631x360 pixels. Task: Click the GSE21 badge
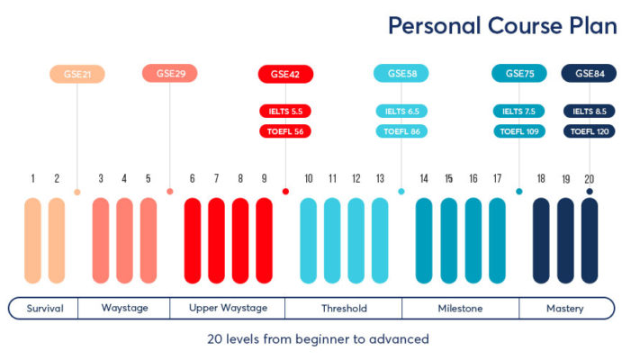[77, 74]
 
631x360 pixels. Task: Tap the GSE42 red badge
[284, 74]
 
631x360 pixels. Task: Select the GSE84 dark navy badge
[589, 74]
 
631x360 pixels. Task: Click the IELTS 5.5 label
[284, 111]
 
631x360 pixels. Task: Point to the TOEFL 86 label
[401, 131]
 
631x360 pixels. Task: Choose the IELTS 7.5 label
[519, 111]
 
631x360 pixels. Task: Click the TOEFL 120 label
[589, 131]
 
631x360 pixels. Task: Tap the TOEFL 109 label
[519, 131]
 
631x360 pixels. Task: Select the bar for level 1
[33, 241]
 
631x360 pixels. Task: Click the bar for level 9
[264, 241]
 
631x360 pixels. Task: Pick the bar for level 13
[380, 241]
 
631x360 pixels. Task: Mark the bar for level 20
[590, 241]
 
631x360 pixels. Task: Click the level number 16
[473, 178]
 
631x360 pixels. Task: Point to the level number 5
[149, 178]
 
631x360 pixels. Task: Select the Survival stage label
[45, 309]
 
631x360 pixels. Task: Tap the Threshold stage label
[344, 309]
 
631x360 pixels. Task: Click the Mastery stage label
[564, 309]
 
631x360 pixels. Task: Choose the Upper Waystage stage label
[228, 309]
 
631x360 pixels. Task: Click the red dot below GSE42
[285, 192]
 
